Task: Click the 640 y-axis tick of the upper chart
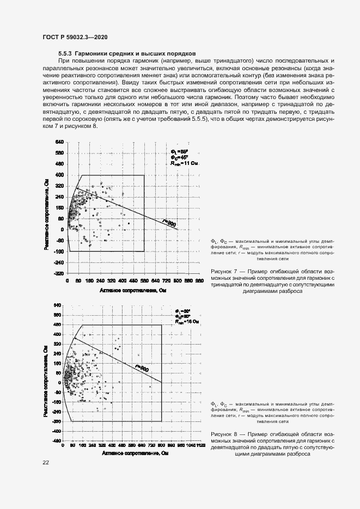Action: [x=58, y=143]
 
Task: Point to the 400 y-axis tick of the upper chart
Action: [x=58, y=175]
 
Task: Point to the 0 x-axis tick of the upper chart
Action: [x=67, y=281]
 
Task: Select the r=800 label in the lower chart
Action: [x=141, y=369]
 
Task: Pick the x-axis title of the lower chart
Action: [x=133, y=453]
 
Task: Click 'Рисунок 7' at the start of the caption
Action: [x=222, y=271]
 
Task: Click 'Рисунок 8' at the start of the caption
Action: [x=222, y=433]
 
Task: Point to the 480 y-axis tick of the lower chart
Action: [x=58, y=325]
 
